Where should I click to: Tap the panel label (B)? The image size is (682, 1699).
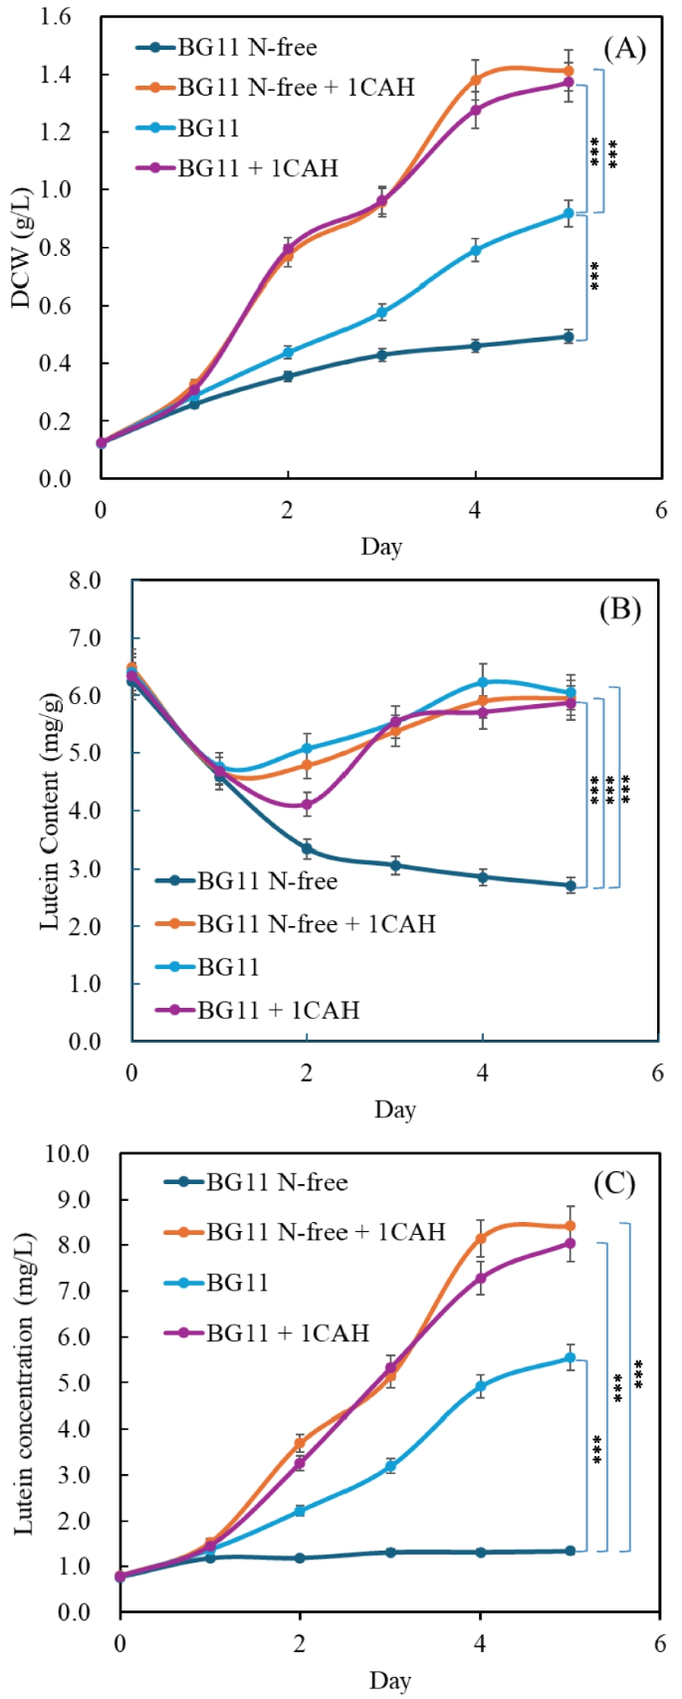618,609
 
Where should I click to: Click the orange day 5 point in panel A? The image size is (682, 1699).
568,71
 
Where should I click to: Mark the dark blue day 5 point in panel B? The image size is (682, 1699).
570,885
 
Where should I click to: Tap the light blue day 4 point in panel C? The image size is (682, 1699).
480,1385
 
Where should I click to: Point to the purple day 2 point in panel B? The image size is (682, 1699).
307,805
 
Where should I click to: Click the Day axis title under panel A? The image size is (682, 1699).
381,546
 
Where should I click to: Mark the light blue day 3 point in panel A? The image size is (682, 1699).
381,313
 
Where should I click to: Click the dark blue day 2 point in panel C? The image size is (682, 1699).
300,1558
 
